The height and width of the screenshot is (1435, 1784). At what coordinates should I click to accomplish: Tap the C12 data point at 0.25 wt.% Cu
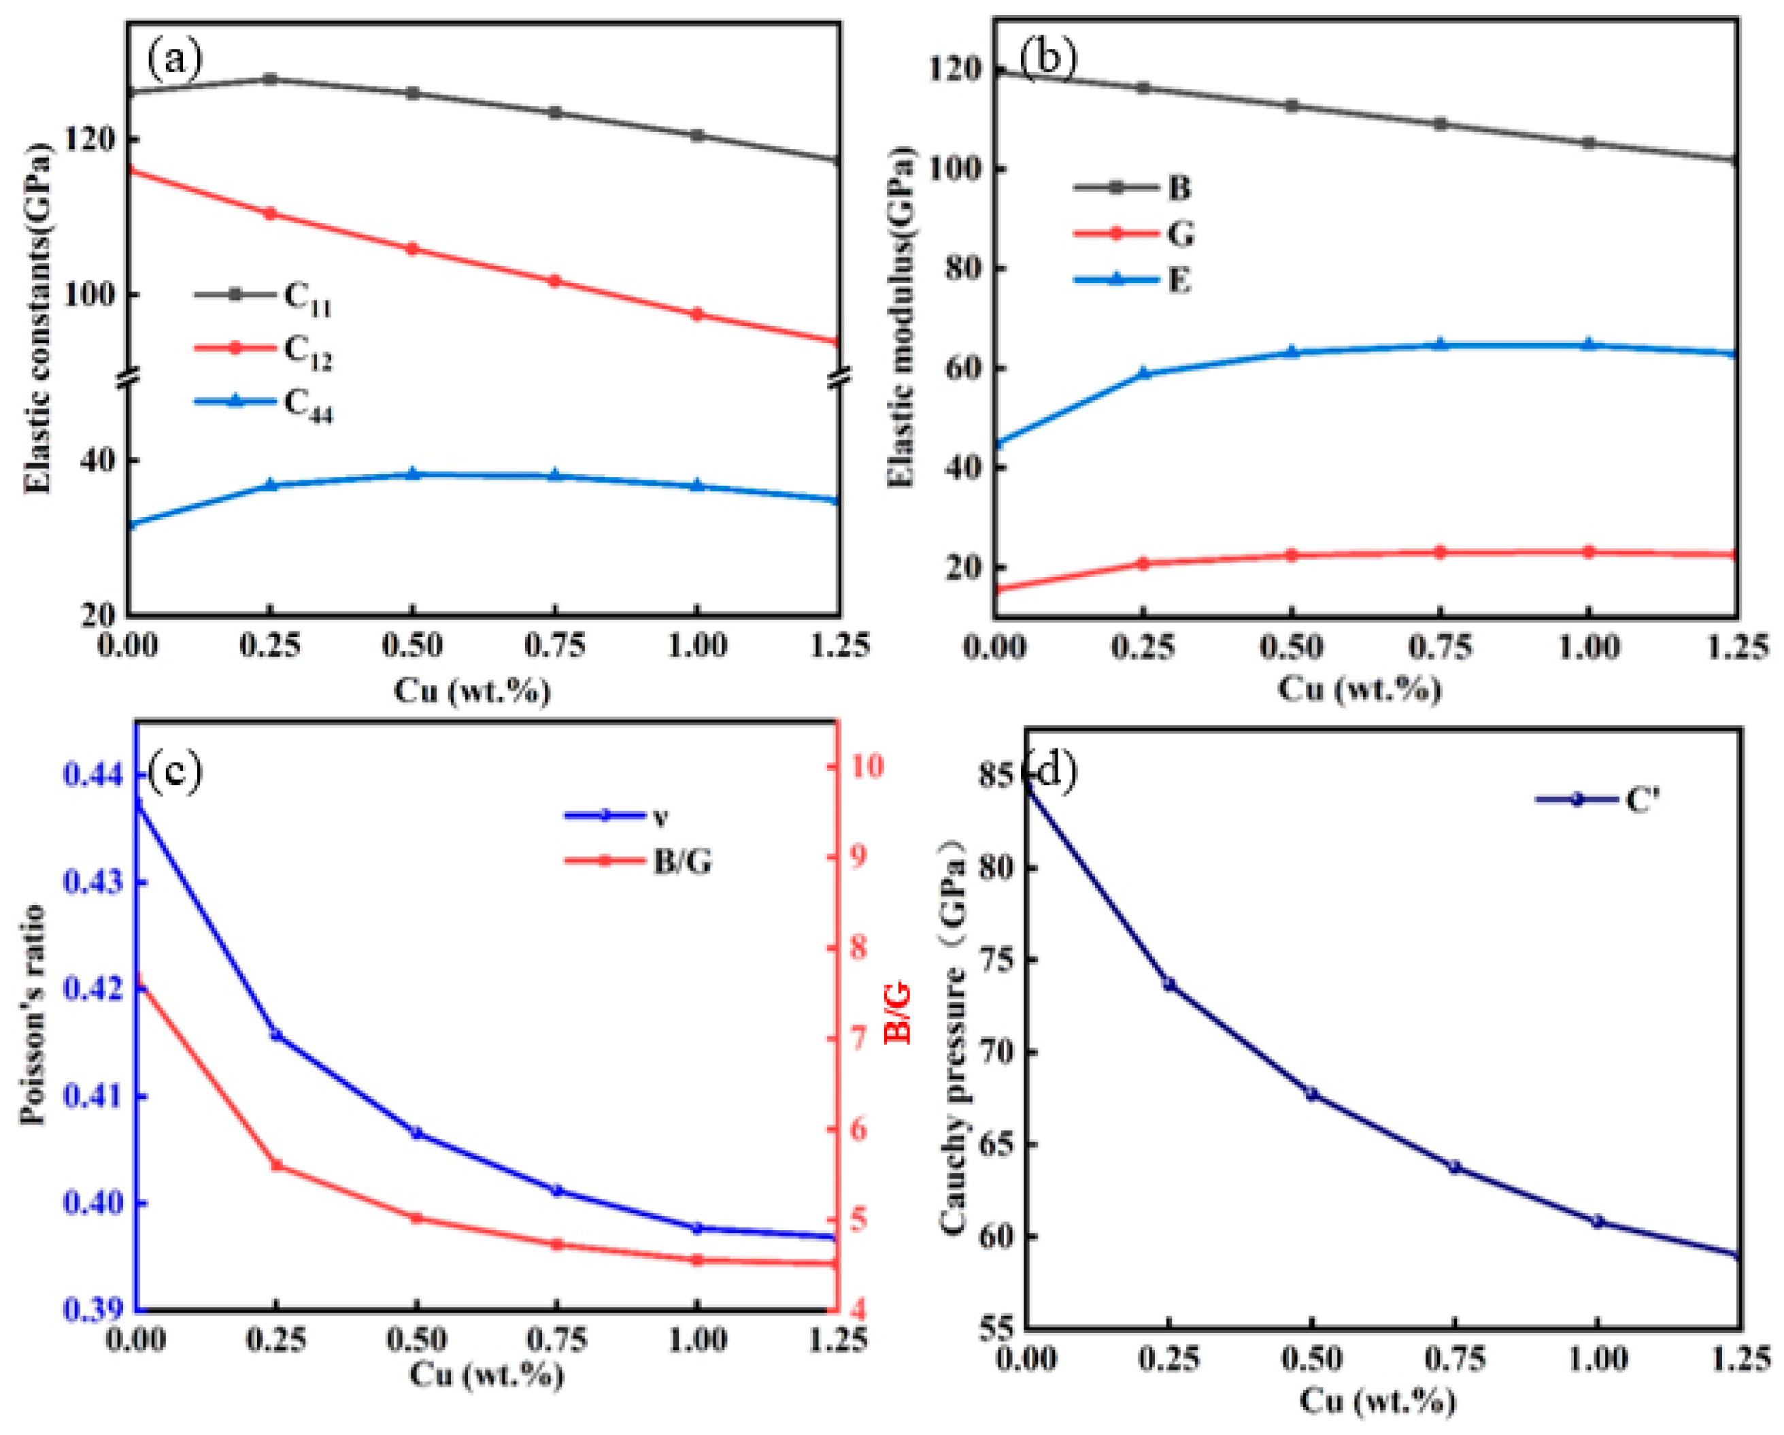click(x=270, y=214)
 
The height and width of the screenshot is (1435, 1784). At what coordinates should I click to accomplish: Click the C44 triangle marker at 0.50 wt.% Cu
click(x=413, y=474)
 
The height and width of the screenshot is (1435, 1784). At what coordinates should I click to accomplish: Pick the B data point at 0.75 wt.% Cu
click(x=1440, y=124)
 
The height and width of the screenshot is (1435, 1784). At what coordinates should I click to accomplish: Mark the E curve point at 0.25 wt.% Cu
click(x=1145, y=374)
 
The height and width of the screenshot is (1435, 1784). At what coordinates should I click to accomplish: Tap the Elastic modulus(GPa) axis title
click(x=902, y=318)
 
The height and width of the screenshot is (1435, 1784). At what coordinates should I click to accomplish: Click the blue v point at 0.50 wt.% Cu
click(x=417, y=1133)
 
